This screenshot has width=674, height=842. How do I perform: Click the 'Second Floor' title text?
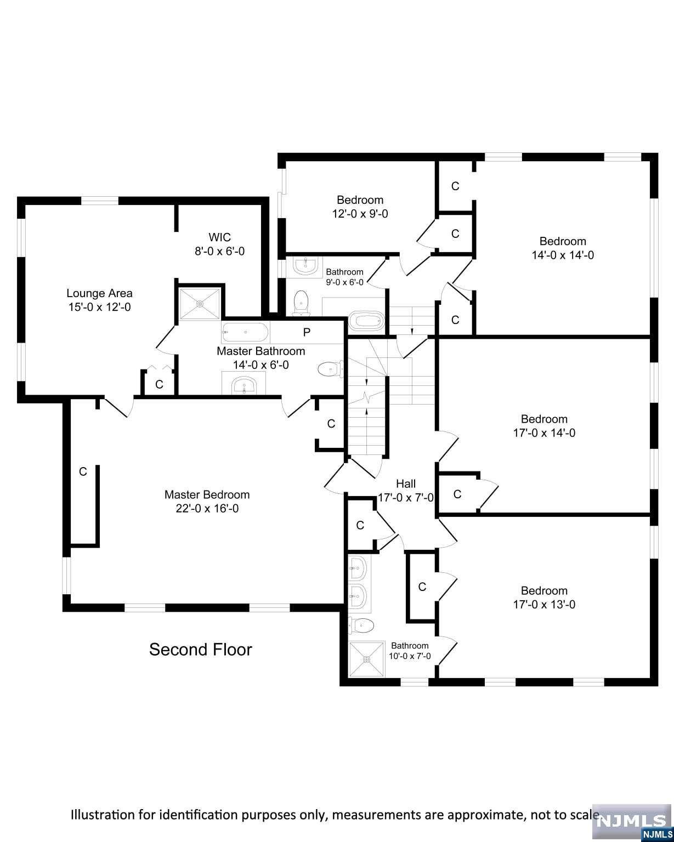tap(201, 650)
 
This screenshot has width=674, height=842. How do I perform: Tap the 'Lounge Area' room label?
tap(99, 293)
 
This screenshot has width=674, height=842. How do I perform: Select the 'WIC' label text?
tap(219, 237)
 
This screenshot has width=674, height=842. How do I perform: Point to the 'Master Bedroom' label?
tap(207, 494)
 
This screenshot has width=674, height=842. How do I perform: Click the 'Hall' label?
tap(406, 483)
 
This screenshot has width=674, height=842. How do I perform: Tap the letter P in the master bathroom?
tap(307, 332)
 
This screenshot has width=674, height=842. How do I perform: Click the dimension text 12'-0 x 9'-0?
tap(360, 214)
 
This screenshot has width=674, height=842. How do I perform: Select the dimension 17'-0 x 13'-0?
tap(544, 605)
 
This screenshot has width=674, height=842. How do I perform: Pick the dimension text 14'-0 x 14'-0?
tap(563, 255)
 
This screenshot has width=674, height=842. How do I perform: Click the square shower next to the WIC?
tap(200, 303)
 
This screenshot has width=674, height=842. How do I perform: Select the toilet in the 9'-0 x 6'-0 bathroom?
tap(301, 302)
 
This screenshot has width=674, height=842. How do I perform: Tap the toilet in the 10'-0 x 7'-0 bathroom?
tap(361, 624)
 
